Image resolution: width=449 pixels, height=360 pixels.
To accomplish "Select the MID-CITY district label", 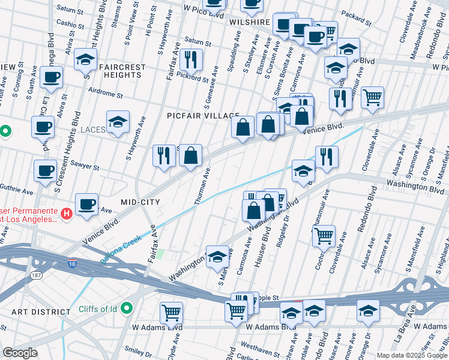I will click(140, 202).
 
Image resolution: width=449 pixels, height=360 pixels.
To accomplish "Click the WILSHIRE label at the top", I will click(250, 22).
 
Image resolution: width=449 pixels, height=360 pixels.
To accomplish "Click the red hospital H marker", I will click(67, 212).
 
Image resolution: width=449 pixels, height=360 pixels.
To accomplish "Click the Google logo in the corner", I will click(20, 353).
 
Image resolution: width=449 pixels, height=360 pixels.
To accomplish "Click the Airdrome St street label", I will click(104, 95).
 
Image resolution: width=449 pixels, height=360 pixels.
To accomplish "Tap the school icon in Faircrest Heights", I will click(86, 60).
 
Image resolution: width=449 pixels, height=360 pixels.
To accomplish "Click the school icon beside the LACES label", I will click(118, 122).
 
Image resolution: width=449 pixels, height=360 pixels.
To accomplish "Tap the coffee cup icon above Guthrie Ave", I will click(45, 170).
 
